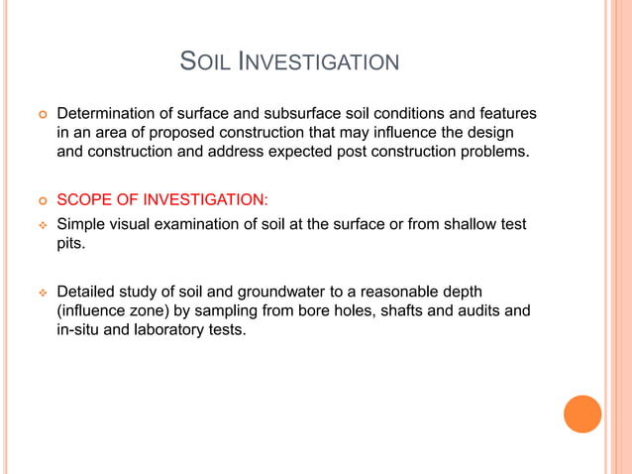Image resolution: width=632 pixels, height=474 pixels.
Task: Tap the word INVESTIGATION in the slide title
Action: click(x=317, y=62)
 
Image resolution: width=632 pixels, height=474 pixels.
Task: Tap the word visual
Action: click(x=136, y=224)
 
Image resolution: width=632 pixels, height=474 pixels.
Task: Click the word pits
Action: click(x=71, y=243)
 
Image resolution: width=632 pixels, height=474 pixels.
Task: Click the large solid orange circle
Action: click(x=582, y=414)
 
